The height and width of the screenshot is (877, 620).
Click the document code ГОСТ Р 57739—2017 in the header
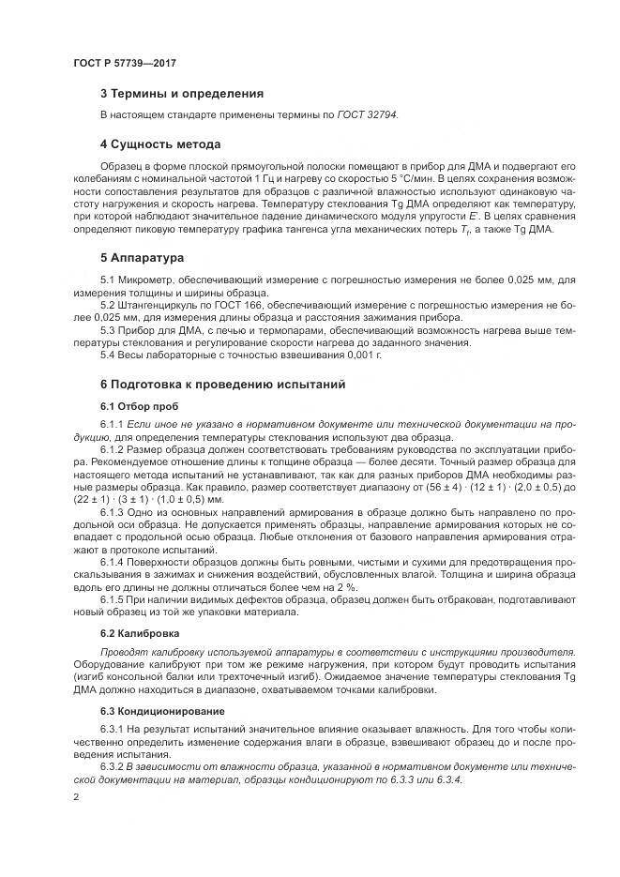pyautogui.click(x=125, y=62)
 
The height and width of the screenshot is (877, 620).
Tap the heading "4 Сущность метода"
pyautogui.click(x=160, y=144)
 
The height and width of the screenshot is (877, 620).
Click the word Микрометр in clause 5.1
pyautogui.click(x=150, y=279)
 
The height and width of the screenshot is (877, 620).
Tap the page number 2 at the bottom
pyautogui.click(x=76, y=796)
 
